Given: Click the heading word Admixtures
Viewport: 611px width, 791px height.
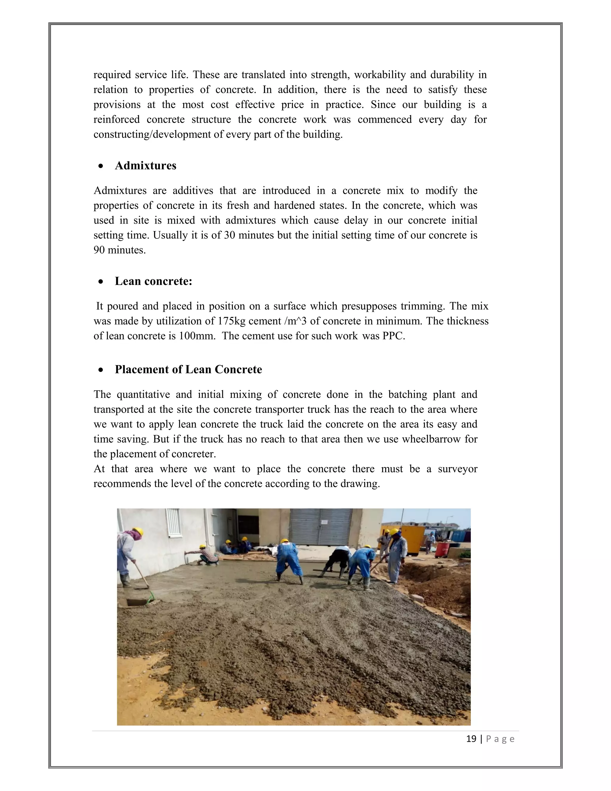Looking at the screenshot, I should coord(146,166).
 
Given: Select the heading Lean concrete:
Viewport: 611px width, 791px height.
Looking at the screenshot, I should coord(153,281).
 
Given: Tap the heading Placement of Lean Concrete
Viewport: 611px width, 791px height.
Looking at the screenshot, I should coord(188,370).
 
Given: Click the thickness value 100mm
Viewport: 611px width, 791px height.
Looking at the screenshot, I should coord(197,336).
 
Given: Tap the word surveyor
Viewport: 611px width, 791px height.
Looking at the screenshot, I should coord(458,469).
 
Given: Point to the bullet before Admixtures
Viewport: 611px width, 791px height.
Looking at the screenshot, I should coord(101,166).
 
